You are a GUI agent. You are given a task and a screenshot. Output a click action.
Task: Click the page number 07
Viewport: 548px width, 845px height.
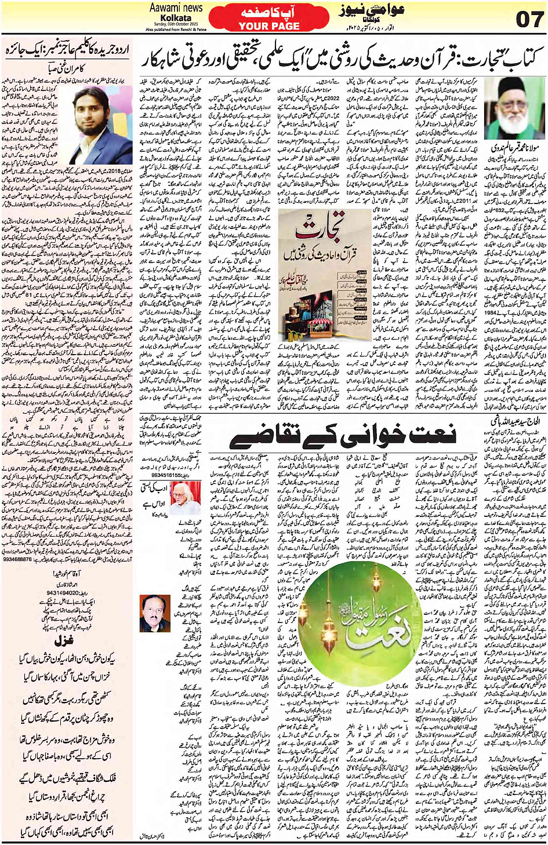coord(528,19)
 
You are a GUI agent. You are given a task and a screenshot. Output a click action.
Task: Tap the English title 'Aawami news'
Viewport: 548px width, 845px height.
coord(176,8)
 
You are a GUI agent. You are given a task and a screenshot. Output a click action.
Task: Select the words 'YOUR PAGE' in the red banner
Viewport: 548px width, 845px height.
coord(268,26)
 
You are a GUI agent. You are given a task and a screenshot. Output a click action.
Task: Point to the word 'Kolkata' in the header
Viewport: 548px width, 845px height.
coord(176,17)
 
